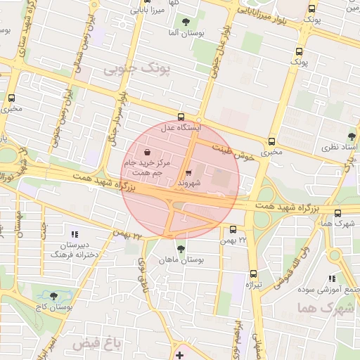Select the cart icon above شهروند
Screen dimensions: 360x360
coord(188,172)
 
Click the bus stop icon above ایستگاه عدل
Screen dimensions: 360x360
coord(181,117)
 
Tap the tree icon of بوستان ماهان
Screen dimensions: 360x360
coord(181,249)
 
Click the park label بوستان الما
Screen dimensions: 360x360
coord(184,34)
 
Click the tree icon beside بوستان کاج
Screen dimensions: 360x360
coord(54,296)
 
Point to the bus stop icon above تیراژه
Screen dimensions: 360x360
coord(253,274)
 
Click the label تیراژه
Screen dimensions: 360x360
coord(253,285)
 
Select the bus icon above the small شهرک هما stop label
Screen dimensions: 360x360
coord(337,213)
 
